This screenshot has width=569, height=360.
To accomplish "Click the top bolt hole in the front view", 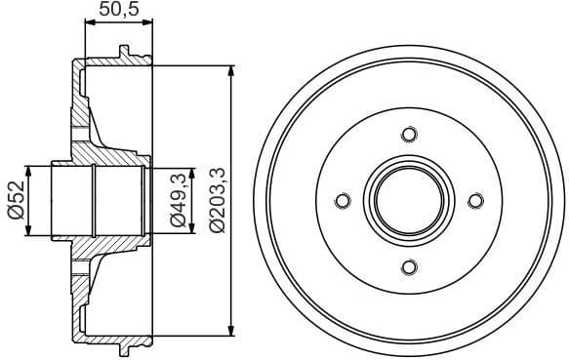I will [x=409, y=134].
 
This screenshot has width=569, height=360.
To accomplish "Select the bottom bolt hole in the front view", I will [x=409, y=267].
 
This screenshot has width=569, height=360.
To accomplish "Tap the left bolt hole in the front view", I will [x=342, y=201].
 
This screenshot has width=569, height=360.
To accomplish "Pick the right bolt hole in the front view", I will [x=475, y=201].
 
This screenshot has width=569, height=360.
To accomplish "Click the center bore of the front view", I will [x=409, y=201].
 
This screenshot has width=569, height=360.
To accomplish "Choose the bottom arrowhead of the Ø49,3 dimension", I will [x=191, y=229].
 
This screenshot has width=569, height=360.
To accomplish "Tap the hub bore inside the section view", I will [x=98, y=201].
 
